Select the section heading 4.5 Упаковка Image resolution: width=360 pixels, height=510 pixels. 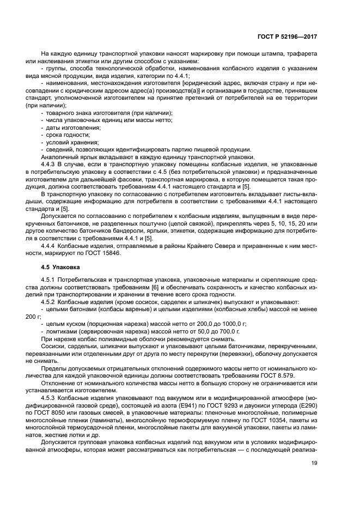tap(60, 268)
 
